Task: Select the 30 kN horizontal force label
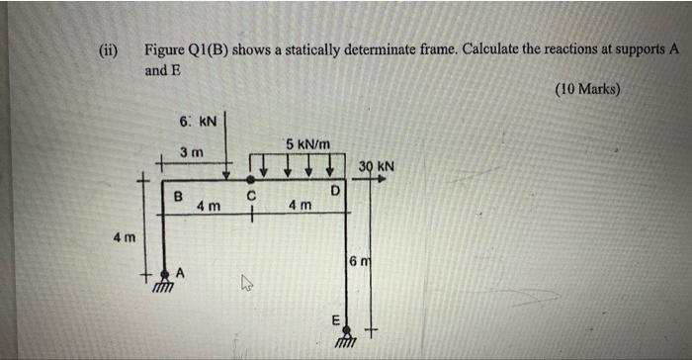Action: tap(377, 167)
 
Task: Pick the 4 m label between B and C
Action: tap(208, 206)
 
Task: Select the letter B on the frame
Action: tap(179, 196)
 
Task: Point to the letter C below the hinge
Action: tap(252, 196)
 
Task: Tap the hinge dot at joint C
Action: tap(252, 180)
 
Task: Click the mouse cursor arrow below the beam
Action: tap(248, 288)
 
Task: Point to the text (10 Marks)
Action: tap(587, 89)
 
